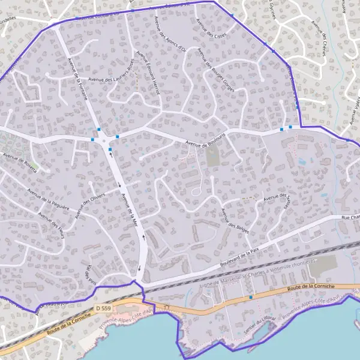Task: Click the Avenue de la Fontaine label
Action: coord(79,79)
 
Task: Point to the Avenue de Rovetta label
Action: coord(20,163)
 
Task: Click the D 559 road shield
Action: coord(103,308)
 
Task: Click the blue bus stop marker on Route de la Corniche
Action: coord(251,296)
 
